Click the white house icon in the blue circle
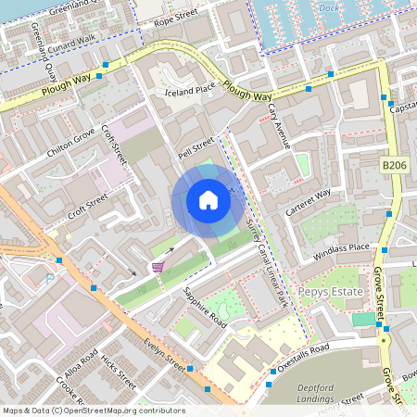click(x=208, y=200)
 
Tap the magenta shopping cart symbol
click(x=158, y=267)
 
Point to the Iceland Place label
click(x=190, y=89)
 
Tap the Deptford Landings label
click(x=323, y=394)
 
